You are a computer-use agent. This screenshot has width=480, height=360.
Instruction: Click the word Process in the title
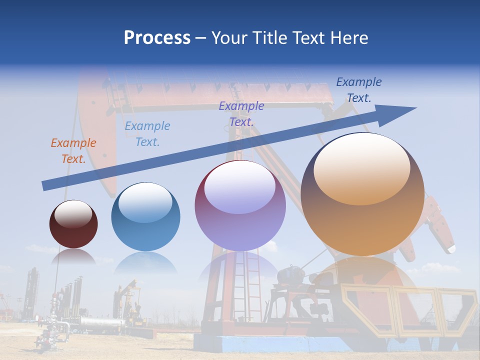coord(157,37)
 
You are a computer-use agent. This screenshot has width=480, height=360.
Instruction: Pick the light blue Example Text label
coord(147,134)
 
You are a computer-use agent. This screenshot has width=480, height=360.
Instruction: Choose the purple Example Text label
coord(241,113)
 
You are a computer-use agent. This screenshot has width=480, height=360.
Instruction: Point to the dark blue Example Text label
coord(359,90)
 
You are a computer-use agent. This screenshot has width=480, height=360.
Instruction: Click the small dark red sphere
coord(73,230)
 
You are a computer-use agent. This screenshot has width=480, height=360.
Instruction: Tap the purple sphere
coord(240,215)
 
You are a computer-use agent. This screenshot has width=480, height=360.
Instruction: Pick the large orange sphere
coord(362,220)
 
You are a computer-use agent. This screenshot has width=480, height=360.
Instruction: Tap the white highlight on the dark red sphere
coord(73,214)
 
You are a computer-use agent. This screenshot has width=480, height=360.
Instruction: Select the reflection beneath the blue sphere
coord(145,262)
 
